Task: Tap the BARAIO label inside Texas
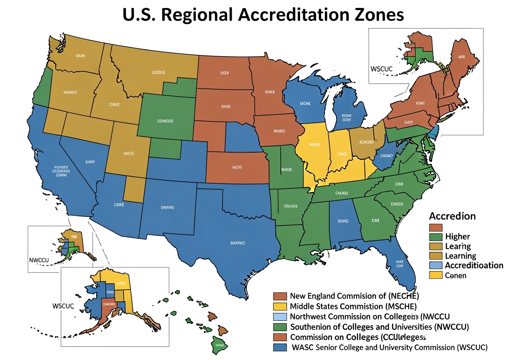(237, 243)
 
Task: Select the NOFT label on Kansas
(237, 168)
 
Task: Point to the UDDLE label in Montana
(159, 73)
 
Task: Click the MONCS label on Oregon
(70, 92)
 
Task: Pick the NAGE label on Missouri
(286, 170)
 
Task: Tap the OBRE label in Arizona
(119, 205)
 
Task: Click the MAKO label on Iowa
(279, 131)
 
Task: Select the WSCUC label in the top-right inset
(381, 68)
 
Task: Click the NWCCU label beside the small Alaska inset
(39, 260)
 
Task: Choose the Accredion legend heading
(452, 216)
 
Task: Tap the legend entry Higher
(457, 236)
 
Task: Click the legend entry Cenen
(456, 275)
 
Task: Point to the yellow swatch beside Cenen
(435, 275)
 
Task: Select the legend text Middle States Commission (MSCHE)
(344, 306)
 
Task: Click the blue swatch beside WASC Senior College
(279, 347)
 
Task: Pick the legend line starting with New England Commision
(354, 296)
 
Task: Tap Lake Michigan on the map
(330, 110)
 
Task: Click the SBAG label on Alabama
(343, 221)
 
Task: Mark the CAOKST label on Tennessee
(341, 193)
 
